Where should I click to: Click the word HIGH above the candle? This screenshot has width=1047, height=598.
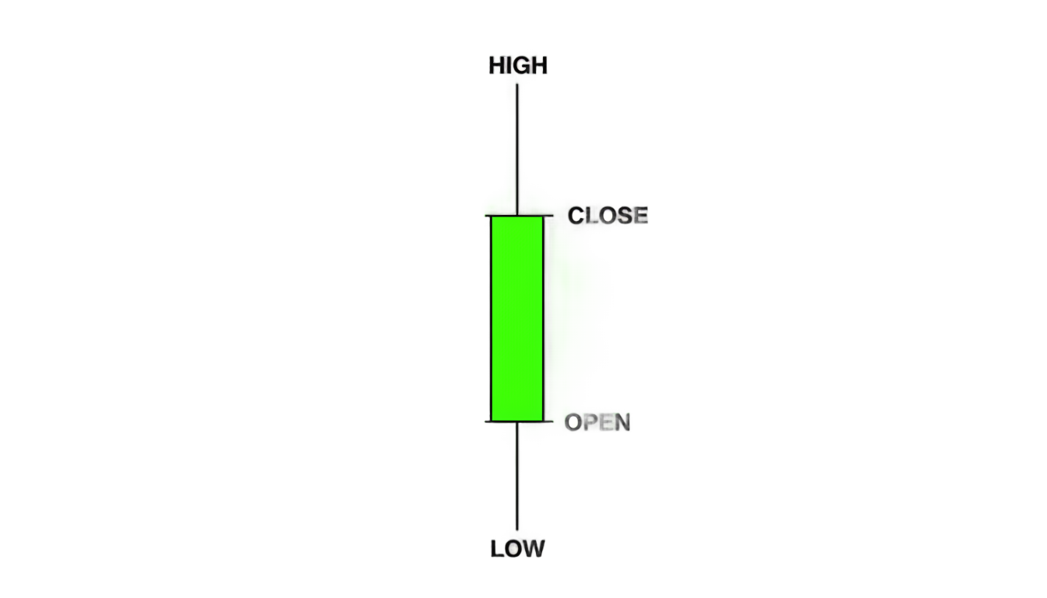point(518,65)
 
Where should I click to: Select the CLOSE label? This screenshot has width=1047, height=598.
point(608,216)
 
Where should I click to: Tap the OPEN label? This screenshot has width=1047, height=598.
point(598,422)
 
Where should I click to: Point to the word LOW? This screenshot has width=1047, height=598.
point(517,548)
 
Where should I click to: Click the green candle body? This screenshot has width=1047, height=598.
point(517,318)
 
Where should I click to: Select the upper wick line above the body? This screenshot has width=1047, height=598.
point(517,149)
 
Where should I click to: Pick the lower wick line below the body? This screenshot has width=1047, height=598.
point(517,476)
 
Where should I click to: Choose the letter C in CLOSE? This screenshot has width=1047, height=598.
point(576,216)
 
